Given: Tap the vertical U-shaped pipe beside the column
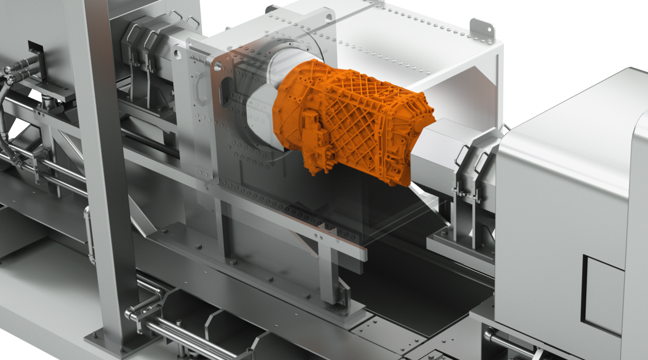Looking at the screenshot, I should [89, 233].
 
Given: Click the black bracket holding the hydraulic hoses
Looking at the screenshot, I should [36, 53].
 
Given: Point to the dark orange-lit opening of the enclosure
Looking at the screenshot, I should [460, 102].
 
